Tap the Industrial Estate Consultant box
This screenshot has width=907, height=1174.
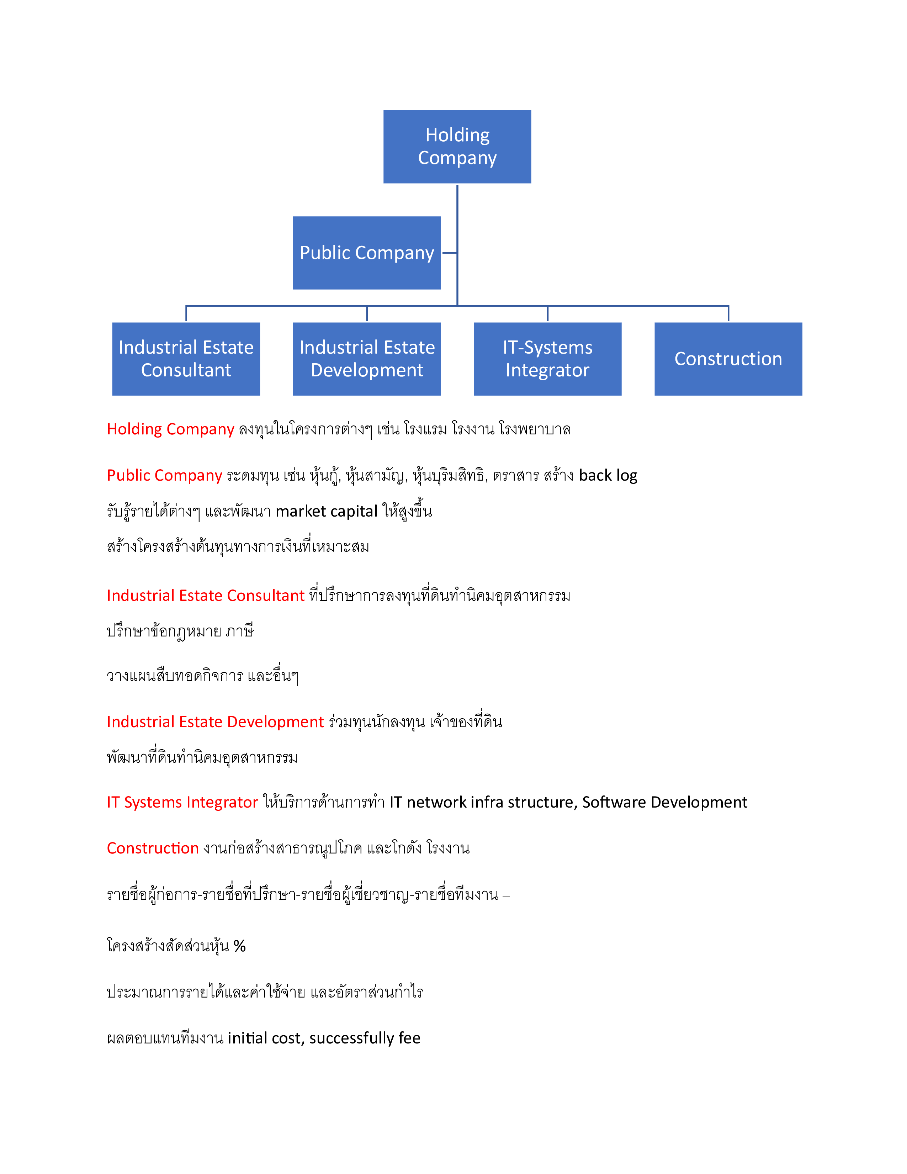pyautogui.click(x=186, y=359)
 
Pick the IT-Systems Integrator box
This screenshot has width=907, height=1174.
pyautogui.click(x=547, y=359)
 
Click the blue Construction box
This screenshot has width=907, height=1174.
pyautogui.click(x=728, y=359)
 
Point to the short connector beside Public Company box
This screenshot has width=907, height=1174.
pyautogui.click(x=449, y=253)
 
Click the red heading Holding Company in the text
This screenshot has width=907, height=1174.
pyautogui.click(x=170, y=429)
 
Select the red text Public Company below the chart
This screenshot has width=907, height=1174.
pyautogui.click(x=164, y=475)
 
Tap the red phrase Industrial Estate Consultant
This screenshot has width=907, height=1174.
pyautogui.click(x=206, y=596)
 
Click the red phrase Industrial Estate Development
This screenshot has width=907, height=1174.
pyautogui.click(x=216, y=722)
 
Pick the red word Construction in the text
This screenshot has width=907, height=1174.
pyautogui.click(x=153, y=848)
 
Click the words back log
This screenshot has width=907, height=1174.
pyautogui.click(x=608, y=475)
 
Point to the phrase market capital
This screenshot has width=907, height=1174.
pyautogui.click(x=327, y=511)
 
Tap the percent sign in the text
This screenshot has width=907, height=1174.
pyautogui.click(x=240, y=946)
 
